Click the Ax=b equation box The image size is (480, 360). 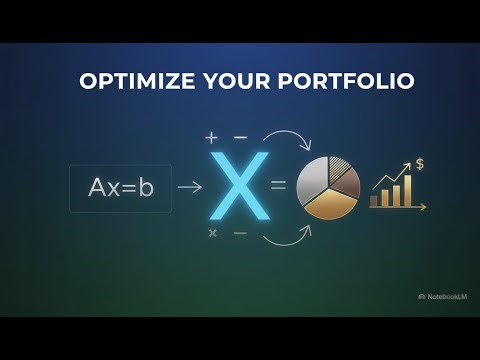[x=120, y=186]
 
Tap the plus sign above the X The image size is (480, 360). [x=211, y=136]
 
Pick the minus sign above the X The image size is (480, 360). [x=240, y=136]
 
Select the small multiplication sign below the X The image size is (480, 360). [x=212, y=233]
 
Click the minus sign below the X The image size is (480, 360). [x=240, y=233]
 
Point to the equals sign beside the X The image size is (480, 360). [x=278, y=186]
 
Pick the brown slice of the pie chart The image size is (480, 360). [x=345, y=180]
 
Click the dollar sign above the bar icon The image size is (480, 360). [x=420, y=162]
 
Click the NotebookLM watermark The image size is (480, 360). [x=443, y=296]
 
